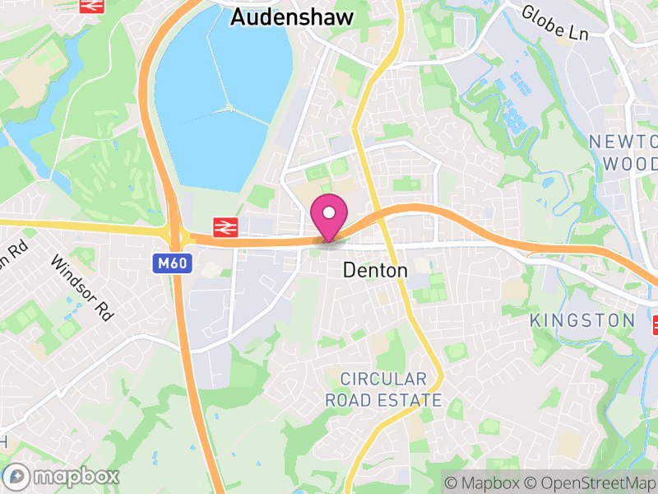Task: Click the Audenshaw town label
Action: tap(292, 16)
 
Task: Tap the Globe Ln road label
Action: tap(554, 23)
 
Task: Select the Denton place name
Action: tap(375, 270)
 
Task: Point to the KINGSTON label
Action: tap(582, 320)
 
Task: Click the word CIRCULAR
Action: tap(384, 380)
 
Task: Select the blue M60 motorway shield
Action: tap(167, 263)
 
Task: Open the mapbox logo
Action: tap(64, 476)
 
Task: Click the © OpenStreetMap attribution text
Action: tap(591, 482)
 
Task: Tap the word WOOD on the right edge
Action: tap(630, 163)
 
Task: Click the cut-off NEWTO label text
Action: tap(623, 142)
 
